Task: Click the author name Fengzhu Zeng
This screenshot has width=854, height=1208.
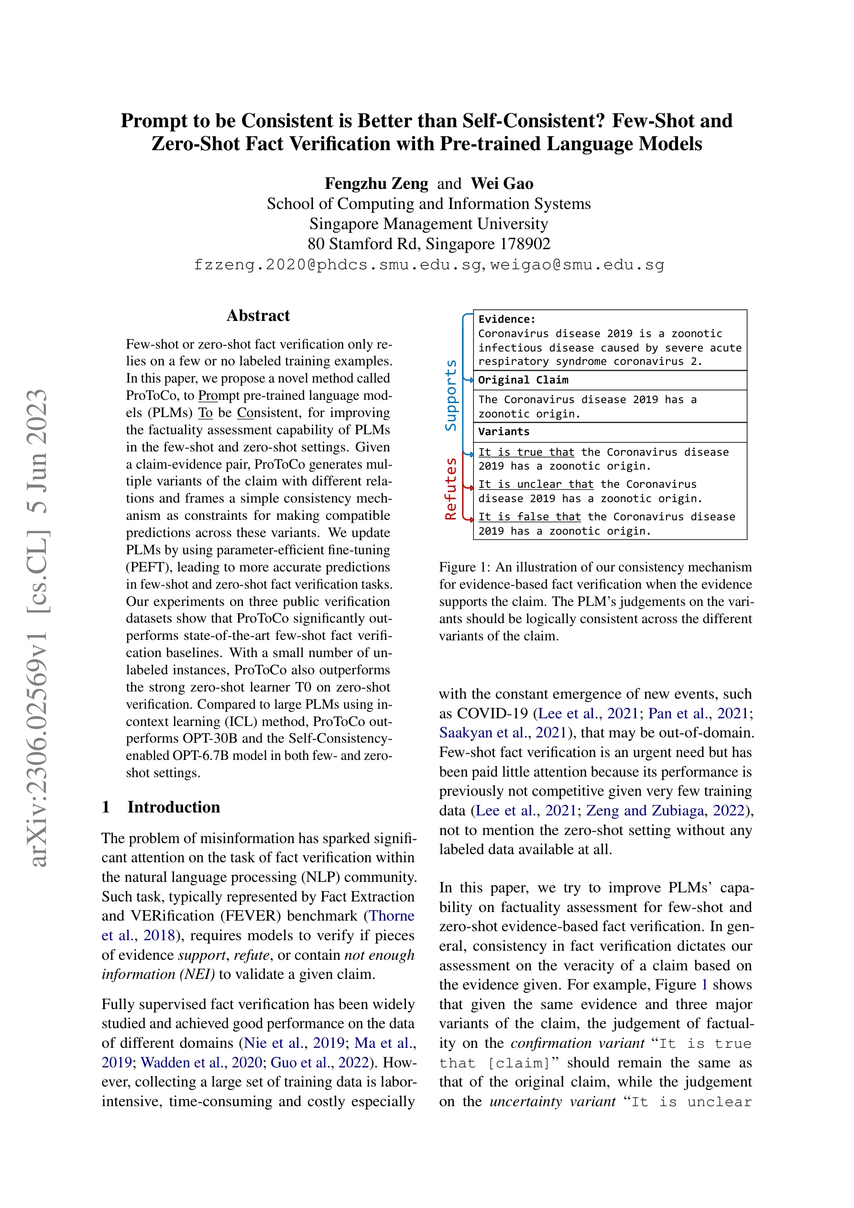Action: coord(376,184)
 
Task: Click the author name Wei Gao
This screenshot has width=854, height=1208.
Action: coord(502,184)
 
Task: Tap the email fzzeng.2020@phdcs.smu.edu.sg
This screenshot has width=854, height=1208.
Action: coord(337,264)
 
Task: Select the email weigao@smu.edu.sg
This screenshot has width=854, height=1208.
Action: coord(577,264)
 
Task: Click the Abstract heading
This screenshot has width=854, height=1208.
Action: coord(258,316)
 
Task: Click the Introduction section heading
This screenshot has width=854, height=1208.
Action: coord(173,807)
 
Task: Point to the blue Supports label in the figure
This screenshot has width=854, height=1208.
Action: coord(451,395)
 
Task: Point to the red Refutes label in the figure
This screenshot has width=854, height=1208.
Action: coord(451,488)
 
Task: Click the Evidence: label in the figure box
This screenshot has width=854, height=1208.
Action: coord(507,319)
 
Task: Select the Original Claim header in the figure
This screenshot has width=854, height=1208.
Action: coord(523,380)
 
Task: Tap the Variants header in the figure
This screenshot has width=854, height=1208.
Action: coord(504,431)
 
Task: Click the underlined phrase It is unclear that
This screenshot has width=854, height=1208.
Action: coord(536,484)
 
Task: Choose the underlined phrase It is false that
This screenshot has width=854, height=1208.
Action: coord(529,516)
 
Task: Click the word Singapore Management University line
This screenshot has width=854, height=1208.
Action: coord(428,224)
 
